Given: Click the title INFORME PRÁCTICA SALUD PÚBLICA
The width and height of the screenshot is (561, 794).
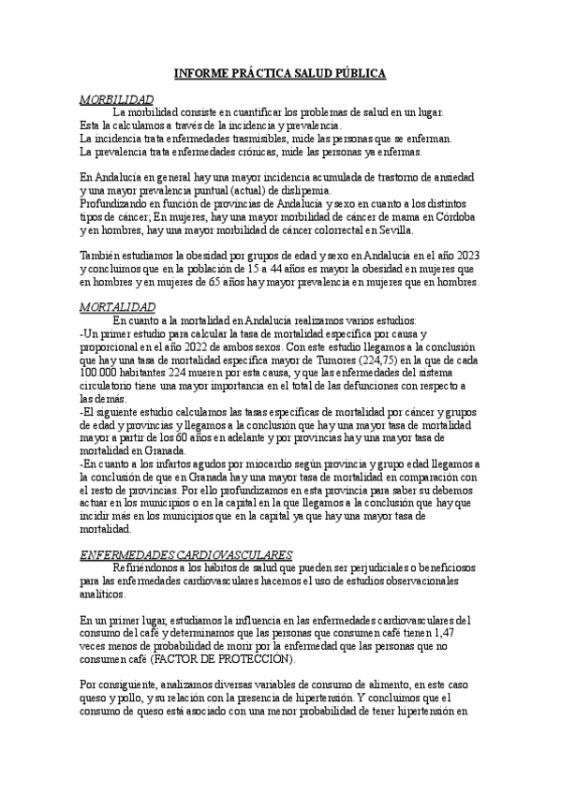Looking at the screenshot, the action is [x=280, y=73].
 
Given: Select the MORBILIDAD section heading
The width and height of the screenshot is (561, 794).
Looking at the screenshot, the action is [x=116, y=98].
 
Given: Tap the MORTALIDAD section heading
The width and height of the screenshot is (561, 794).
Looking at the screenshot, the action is [x=117, y=306].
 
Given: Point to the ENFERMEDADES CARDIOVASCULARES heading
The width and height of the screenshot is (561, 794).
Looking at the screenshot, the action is [x=185, y=554].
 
